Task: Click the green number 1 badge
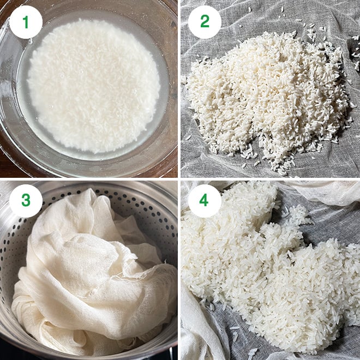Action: (x=26, y=22)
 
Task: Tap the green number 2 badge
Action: (x=205, y=22)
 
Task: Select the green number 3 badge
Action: (x=26, y=201)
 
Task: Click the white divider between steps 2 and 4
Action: (x=270, y=179)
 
